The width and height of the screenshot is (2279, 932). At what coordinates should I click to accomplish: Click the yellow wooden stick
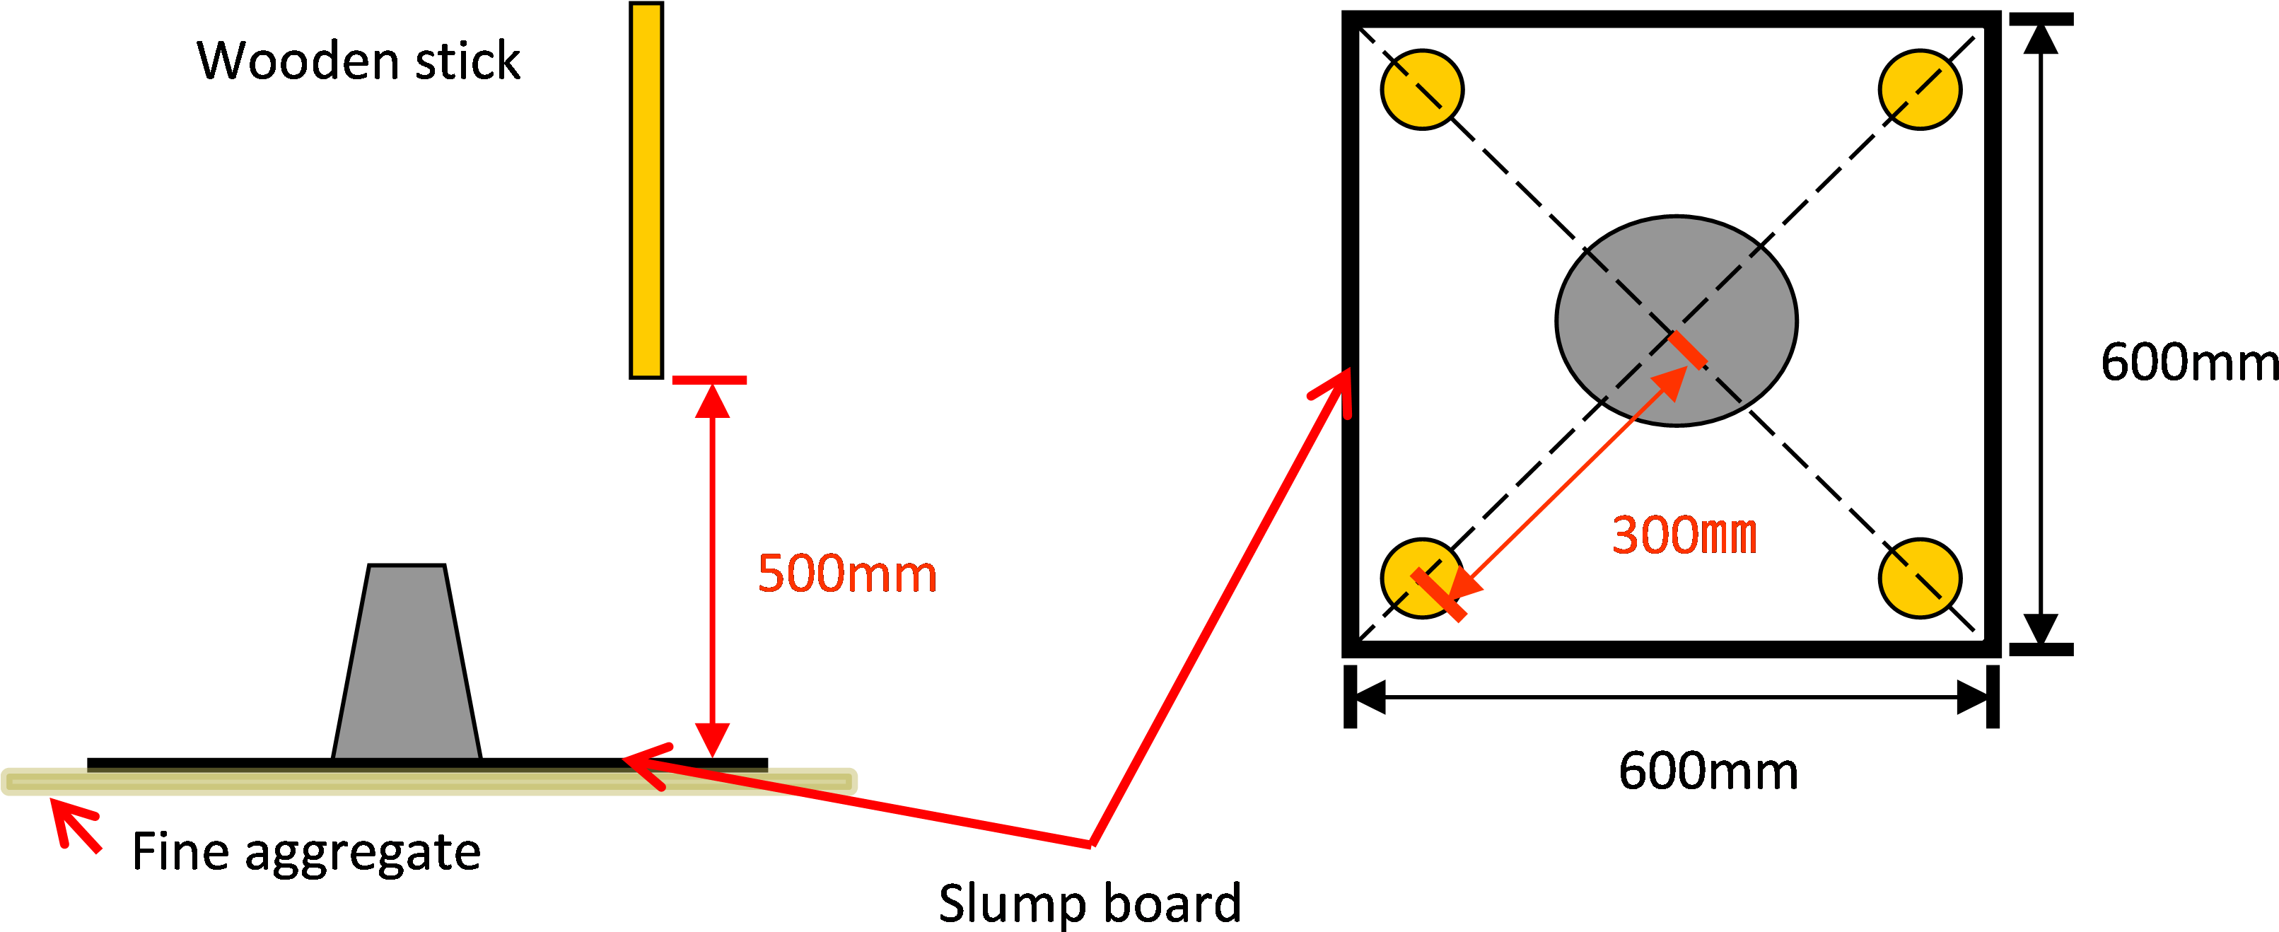[646, 190]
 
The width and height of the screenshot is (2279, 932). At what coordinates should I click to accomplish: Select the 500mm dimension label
[846, 573]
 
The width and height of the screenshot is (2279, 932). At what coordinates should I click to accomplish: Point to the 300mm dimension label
[1684, 535]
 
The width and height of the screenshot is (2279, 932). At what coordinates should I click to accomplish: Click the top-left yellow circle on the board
[1422, 89]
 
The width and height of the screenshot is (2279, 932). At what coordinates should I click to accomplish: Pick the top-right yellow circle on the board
[1920, 89]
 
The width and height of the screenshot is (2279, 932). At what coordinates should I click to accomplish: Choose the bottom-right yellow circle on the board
[1920, 578]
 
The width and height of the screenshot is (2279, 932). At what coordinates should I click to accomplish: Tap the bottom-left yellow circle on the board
[1422, 578]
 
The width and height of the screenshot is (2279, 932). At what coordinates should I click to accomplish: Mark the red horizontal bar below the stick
[709, 380]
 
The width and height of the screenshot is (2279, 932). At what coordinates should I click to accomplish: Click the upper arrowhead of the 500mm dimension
[712, 401]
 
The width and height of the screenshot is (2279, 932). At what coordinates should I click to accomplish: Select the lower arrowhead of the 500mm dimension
[712, 739]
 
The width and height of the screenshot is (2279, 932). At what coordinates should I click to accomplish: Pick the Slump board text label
[1090, 903]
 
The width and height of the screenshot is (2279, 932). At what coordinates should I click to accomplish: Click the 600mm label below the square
[1708, 771]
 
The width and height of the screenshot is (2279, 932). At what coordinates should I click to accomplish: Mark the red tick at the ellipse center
[1688, 349]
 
